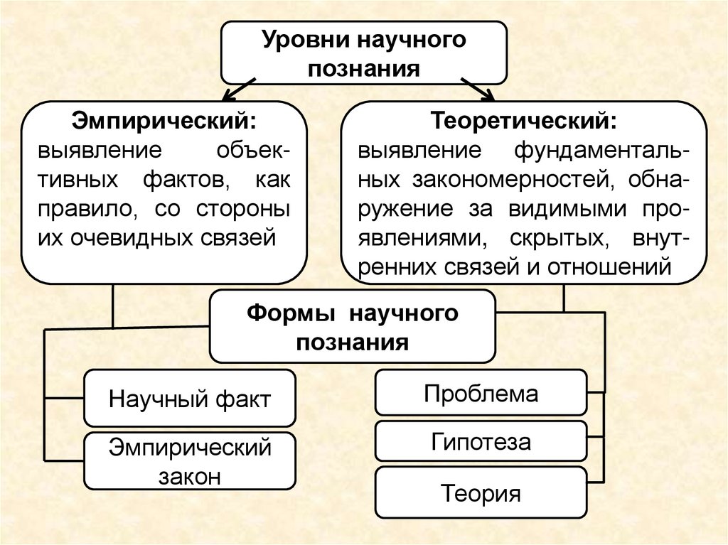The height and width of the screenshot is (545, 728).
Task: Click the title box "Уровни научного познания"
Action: pyautogui.click(x=363, y=53)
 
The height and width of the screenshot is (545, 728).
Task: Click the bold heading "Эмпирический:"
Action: pyautogui.click(x=164, y=120)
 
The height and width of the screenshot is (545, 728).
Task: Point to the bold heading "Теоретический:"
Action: pyautogui.click(x=523, y=120)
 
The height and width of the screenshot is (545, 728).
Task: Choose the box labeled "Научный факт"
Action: pyautogui.click(x=189, y=398)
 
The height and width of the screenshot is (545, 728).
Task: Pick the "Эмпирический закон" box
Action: pyautogui.click(x=189, y=461)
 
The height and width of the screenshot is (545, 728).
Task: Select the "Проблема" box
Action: pyautogui.click(x=481, y=393)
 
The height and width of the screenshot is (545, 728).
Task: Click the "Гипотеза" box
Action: pyautogui.click(x=481, y=442)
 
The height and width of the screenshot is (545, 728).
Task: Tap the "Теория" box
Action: pyautogui.click(x=481, y=493)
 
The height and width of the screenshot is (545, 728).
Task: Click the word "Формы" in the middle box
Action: pyautogui.click(x=282, y=314)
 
